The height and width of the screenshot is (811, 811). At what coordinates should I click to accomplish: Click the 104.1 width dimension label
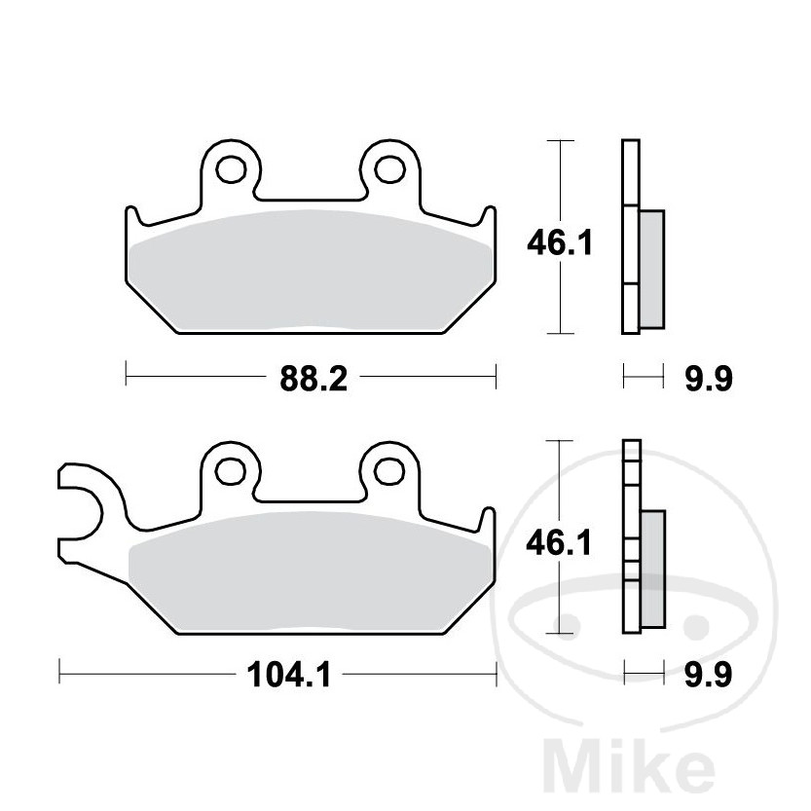pyautogui.click(x=289, y=673)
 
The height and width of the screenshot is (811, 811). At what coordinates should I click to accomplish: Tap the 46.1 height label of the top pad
pyautogui.click(x=560, y=242)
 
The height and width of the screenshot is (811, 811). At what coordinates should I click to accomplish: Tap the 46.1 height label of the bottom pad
pyautogui.click(x=560, y=542)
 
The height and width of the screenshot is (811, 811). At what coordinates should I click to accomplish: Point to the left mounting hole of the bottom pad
pyautogui.click(x=231, y=470)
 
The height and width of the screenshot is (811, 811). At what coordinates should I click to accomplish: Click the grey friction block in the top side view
pyautogui.click(x=651, y=268)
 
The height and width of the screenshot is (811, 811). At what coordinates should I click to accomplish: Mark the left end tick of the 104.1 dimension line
pyautogui.click(x=60, y=673)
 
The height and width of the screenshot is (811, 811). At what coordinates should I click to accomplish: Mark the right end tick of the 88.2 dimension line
pyautogui.click(x=497, y=374)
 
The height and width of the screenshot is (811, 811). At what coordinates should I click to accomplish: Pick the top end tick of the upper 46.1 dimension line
pyautogui.click(x=558, y=142)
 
